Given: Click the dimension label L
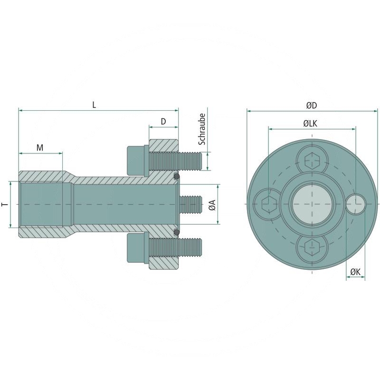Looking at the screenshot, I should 94,105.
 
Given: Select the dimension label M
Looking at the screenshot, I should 40,148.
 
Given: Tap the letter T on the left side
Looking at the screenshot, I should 5,204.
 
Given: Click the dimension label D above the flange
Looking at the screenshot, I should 163,122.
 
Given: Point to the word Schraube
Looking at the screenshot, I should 202,129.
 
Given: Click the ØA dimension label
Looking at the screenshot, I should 212,205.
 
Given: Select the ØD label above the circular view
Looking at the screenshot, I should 312,105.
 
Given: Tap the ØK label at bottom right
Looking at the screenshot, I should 355,271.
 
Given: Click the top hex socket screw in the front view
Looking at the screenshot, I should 312,161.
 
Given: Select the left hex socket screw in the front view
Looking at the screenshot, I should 269,204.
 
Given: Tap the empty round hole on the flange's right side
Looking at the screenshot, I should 355,204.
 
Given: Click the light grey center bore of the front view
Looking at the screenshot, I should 312,204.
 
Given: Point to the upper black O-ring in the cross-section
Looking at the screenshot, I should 177,177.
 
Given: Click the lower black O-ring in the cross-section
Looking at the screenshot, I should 177,232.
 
